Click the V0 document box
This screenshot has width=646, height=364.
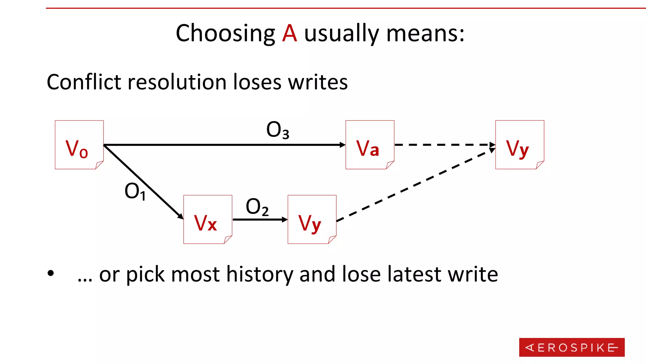(79, 145)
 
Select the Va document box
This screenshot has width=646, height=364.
(370, 145)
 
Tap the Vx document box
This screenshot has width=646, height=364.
(208, 219)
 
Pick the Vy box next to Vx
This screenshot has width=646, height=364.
(312, 219)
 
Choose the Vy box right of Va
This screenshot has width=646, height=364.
(520, 145)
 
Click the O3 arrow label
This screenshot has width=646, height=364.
(278, 130)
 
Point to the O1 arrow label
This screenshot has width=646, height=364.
(135, 191)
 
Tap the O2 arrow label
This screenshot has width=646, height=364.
(257, 207)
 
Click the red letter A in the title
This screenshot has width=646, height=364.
(289, 33)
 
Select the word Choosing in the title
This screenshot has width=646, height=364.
(225, 33)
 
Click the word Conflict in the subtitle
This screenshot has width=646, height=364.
(84, 82)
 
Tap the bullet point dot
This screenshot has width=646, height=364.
(51, 274)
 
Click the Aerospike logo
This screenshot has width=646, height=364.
(572, 347)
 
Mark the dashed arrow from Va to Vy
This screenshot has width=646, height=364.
(443, 145)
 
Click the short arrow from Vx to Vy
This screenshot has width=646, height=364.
(259, 219)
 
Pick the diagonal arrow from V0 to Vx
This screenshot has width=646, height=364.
(144, 182)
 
